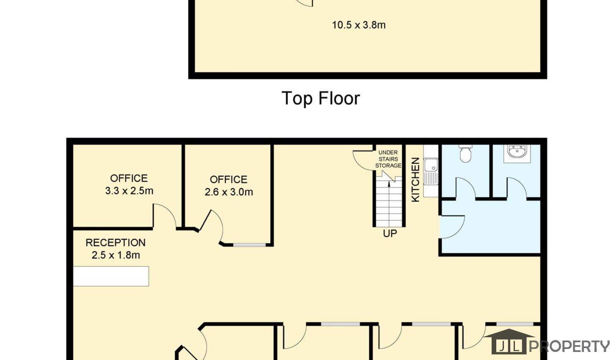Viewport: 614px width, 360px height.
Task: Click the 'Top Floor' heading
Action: (321, 98)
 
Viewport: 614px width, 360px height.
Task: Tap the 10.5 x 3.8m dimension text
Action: (359, 25)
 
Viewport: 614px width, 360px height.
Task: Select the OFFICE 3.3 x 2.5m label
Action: (129, 185)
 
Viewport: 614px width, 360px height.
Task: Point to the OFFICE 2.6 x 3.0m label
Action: (229, 186)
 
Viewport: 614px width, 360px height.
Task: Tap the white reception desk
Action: (111, 276)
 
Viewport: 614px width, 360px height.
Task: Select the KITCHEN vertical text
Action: (415, 180)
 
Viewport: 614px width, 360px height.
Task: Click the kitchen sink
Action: (431, 171)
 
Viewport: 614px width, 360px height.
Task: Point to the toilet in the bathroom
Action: (465, 154)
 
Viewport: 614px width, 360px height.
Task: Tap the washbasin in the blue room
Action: (517, 151)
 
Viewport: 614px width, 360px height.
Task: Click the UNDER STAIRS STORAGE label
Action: (388, 159)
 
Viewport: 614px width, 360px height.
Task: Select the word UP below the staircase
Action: (390, 234)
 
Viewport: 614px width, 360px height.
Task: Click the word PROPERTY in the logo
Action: (570, 346)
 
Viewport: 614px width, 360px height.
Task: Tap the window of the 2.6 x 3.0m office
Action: (249, 245)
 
